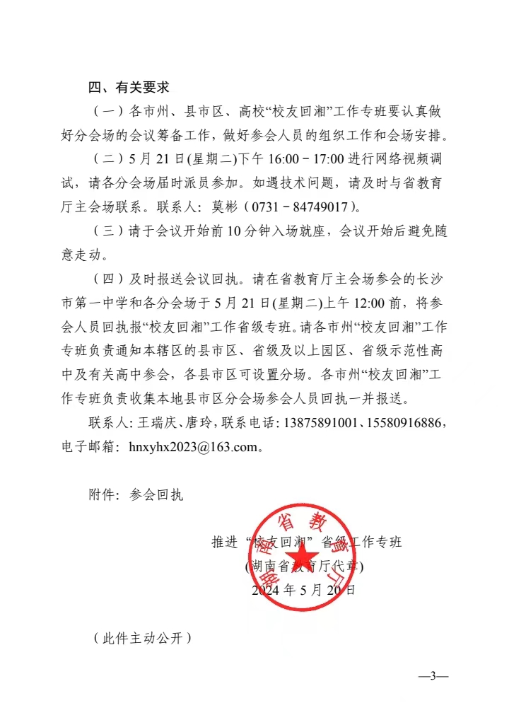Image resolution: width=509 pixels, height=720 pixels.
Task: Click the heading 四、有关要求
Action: click(x=129, y=88)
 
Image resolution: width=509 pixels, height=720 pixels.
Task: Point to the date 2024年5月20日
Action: click(x=303, y=589)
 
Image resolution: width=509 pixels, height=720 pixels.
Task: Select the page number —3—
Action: click(x=433, y=676)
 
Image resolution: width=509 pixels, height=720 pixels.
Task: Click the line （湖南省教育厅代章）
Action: click(x=304, y=566)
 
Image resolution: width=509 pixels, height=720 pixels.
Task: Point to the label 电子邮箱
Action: click(x=89, y=447)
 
